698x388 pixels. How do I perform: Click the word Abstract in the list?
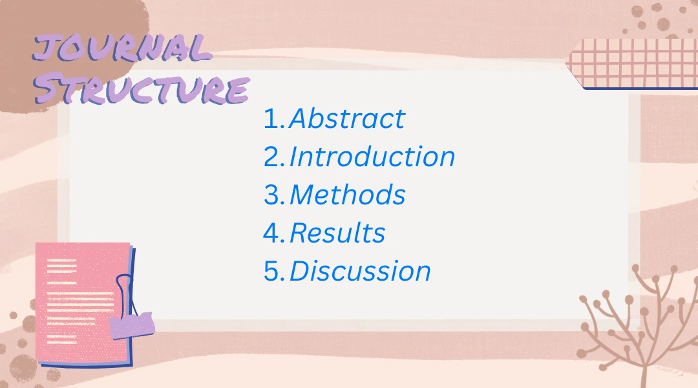click(347, 119)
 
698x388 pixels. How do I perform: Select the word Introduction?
click(372, 157)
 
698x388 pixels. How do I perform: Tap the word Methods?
click(348, 195)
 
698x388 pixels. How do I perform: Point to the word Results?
click(337, 233)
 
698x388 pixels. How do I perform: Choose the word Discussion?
click(360, 272)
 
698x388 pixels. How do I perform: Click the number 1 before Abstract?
click(271, 119)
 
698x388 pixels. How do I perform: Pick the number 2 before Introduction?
click(271, 157)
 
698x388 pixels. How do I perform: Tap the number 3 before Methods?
click(271, 195)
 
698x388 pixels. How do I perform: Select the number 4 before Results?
click(271, 233)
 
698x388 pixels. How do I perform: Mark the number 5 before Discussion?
click(271, 272)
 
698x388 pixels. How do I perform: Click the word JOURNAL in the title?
click(123, 50)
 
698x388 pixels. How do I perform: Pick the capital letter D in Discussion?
click(301, 272)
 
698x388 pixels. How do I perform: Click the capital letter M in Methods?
click(304, 195)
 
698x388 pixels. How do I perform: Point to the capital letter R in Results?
click(299, 233)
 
